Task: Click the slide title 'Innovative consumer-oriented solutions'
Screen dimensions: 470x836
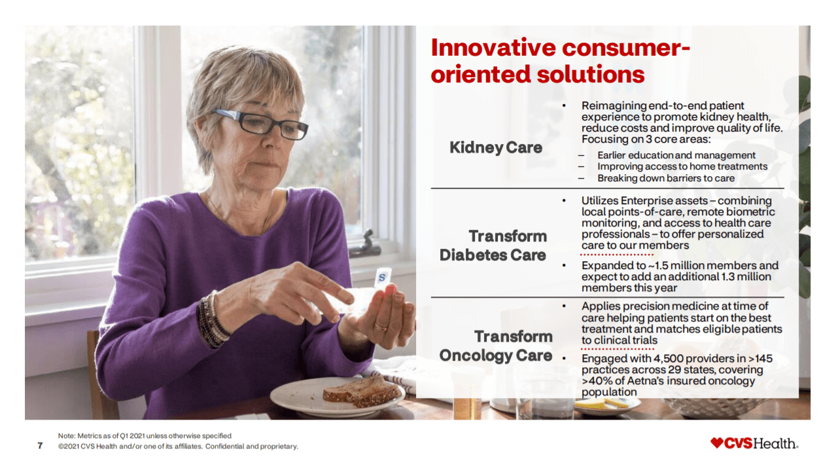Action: [x=560, y=61]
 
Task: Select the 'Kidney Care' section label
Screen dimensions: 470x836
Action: [x=496, y=148]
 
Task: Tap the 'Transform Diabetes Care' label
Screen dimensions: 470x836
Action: [x=493, y=245]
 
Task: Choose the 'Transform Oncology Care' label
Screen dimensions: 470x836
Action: [x=496, y=346]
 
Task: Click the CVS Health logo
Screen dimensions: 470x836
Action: [x=754, y=443]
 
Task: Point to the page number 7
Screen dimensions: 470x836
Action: [x=40, y=446]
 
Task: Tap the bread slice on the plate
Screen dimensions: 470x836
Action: [x=361, y=391]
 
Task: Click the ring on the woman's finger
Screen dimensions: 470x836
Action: [x=380, y=325]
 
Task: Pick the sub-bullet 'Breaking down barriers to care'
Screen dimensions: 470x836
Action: [x=665, y=178]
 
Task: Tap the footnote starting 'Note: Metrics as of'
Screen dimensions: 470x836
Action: [x=145, y=435]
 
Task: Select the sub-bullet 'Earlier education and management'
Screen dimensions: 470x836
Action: [x=676, y=155]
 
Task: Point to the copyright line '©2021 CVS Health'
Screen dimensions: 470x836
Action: [x=178, y=446]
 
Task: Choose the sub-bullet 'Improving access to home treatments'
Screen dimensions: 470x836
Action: [x=682, y=167]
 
